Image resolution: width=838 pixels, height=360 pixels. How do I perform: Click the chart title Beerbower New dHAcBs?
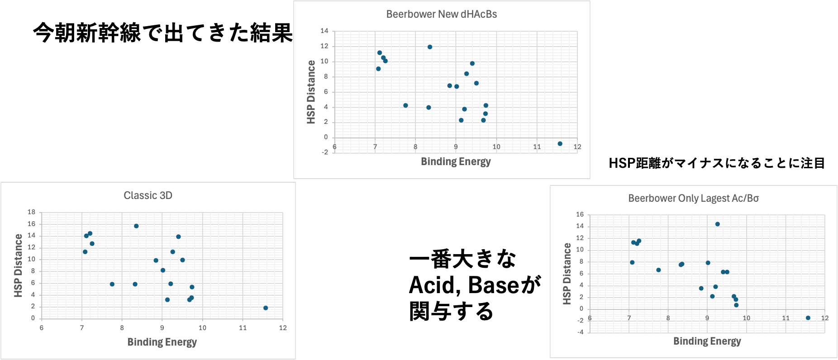tap(441, 14)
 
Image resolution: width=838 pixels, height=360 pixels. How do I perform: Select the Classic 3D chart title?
tap(148, 195)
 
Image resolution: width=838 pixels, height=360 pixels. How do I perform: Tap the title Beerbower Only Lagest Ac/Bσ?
tap(693, 199)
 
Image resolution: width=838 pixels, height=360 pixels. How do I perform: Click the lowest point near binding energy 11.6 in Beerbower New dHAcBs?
tap(560, 144)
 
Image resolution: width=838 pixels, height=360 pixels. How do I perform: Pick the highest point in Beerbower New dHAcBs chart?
tap(430, 47)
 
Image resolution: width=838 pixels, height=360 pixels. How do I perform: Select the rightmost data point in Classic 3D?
tap(266, 308)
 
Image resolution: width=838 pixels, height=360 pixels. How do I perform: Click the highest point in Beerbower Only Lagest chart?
tap(717, 224)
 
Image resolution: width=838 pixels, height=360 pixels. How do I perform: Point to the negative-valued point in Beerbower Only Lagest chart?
tap(808, 318)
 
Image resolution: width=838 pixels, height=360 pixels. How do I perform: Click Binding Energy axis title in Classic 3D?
tap(162, 342)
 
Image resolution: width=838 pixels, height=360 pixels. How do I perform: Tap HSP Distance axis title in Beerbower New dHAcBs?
tap(311, 92)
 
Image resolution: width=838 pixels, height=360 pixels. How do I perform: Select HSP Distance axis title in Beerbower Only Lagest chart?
tap(567, 274)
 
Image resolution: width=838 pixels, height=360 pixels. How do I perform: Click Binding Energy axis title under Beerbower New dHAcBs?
tap(456, 161)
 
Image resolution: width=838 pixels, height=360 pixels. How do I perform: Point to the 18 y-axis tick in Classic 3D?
tap(31, 212)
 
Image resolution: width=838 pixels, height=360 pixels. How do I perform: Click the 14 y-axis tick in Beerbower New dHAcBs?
tap(324, 31)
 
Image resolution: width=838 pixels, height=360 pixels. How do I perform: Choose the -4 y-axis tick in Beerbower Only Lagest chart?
tap(580, 332)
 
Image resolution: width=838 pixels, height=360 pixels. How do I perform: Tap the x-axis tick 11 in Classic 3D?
tap(243, 328)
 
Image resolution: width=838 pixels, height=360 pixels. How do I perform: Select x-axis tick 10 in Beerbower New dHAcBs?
tap(496, 147)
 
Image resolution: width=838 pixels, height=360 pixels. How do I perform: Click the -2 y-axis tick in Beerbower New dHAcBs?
tap(324, 152)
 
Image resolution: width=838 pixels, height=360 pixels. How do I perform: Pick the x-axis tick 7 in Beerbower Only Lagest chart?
tap(629, 318)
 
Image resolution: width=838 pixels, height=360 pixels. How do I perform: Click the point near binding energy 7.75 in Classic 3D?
tap(112, 284)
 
